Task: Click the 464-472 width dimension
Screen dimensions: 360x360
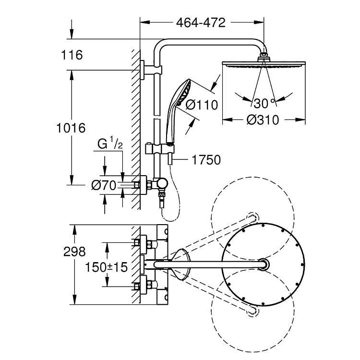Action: click(201, 23)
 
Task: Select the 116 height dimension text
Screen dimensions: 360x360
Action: click(72, 55)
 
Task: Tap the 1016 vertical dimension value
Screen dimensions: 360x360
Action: click(71, 128)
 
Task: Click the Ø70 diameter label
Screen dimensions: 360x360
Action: click(104, 185)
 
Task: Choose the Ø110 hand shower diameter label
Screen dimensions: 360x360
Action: click(202, 105)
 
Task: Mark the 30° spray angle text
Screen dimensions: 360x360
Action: click(264, 103)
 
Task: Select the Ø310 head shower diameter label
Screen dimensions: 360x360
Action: click(263, 120)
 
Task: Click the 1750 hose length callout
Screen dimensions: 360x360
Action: click(206, 160)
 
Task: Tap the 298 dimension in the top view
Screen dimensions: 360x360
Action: click(74, 252)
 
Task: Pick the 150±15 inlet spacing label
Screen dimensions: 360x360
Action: click(106, 267)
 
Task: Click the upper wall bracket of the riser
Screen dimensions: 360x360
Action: click(151, 70)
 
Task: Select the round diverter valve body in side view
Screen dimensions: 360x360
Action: click(163, 184)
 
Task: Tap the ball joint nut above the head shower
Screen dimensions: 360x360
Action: click(264, 57)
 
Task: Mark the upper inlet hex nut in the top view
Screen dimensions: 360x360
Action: click(137, 242)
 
